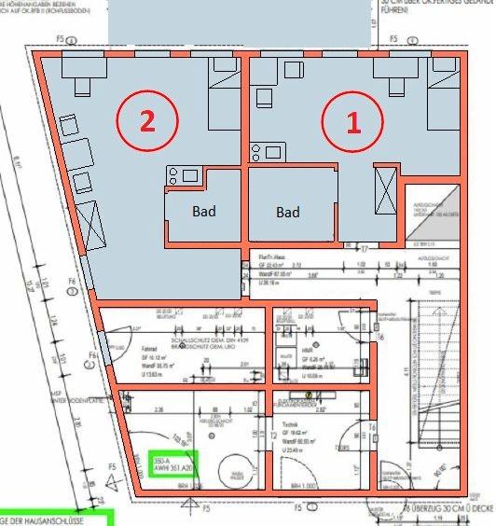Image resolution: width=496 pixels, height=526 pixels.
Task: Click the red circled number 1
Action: pyautogui.click(x=353, y=124)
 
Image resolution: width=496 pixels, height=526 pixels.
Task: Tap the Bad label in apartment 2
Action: pyautogui.click(x=203, y=212)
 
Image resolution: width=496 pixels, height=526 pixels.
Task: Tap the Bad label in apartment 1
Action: pyautogui.click(x=288, y=213)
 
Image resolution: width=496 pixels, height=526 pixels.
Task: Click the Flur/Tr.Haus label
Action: pyautogui.click(x=269, y=255)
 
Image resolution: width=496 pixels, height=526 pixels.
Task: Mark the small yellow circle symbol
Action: pyautogui.click(x=310, y=395)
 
